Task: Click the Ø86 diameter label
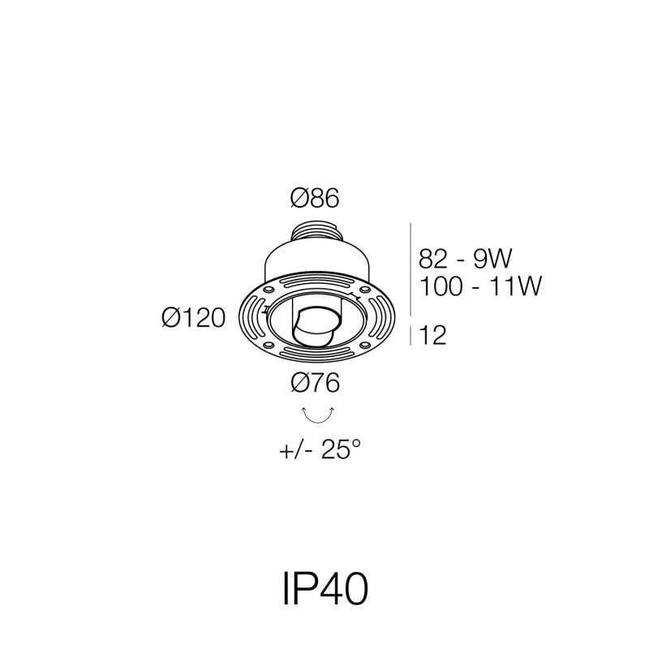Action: click(315, 198)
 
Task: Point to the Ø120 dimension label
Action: click(194, 318)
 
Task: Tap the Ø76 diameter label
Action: click(315, 382)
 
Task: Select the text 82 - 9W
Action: click(465, 259)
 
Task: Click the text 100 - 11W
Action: click(480, 286)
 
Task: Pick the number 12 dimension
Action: click(433, 335)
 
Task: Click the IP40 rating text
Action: click(325, 589)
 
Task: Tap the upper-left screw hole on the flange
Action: click(270, 290)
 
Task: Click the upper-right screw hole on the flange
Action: click(365, 290)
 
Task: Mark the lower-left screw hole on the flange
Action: click(269, 344)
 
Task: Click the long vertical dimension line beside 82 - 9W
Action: click(410, 269)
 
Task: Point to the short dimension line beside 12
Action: click(410, 336)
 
